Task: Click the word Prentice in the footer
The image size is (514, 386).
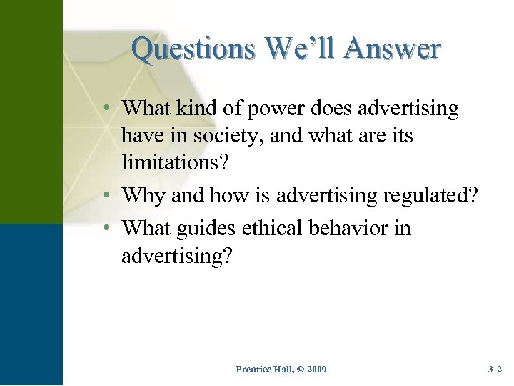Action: pyautogui.click(x=253, y=370)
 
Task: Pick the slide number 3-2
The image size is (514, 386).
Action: pyautogui.click(x=495, y=370)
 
